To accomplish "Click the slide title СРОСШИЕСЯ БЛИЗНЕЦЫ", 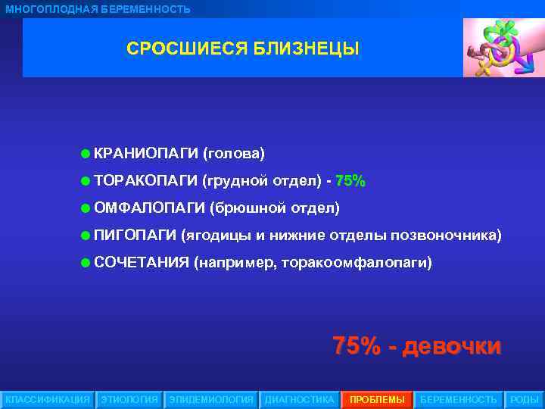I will [242, 49].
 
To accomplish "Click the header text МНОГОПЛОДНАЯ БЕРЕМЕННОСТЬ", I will [98, 9].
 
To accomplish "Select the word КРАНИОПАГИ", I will [146, 154].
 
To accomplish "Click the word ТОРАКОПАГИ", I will [145, 180].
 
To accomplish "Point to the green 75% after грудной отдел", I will [350, 180].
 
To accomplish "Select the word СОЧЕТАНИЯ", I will [141, 263].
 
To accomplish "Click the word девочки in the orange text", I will [452, 347].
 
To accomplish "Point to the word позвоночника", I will [445, 235].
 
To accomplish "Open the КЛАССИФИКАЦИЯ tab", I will [47, 399].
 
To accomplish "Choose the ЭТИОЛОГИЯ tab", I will [129, 399].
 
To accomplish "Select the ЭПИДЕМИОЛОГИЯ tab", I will [211, 399].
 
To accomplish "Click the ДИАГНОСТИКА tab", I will [299, 399].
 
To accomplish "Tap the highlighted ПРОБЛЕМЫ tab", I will [377, 399].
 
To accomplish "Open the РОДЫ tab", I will [524, 399].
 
